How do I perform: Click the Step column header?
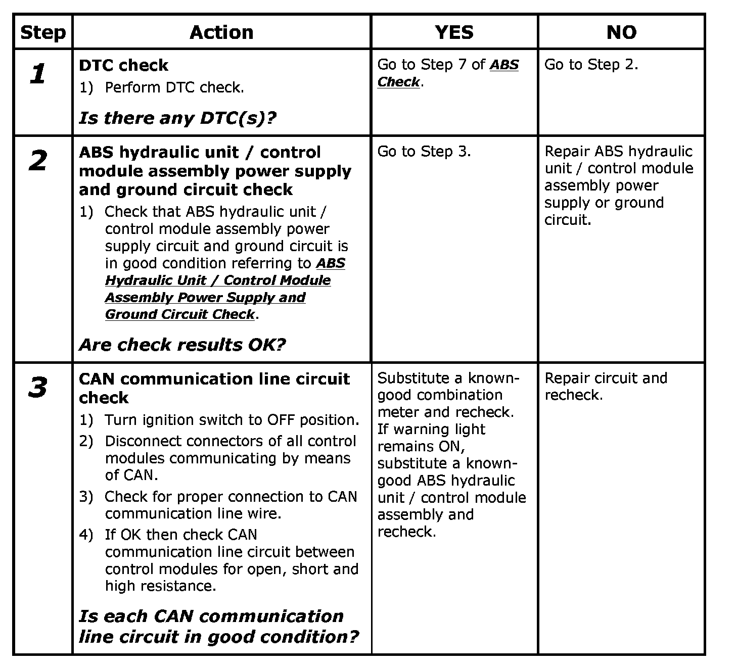(x=43, y=33)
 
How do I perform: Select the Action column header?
(x=221, y=33)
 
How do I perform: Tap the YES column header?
(x=454, y=33)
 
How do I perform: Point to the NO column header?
(x=621, y=33)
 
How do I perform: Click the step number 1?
(x=38, y=74)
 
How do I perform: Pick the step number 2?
(x=38, y=161)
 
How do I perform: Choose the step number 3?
(x=38, y=388)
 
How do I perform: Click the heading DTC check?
(x=123, y=65)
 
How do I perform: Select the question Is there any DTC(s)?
(x=177, y=118)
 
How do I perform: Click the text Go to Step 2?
(x=591, y=65)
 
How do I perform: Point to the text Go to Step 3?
(x=424, y=152)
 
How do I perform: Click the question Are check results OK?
(x=182, y=345)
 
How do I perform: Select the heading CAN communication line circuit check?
(x=214, y=388)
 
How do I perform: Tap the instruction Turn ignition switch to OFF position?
(x=232, y=420)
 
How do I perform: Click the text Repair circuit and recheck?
(x=605, y=387)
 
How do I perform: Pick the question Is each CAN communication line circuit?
(x=218, y=627)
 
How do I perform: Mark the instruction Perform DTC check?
(x=174, y=87)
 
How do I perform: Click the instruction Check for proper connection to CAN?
(x=231, y=505)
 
